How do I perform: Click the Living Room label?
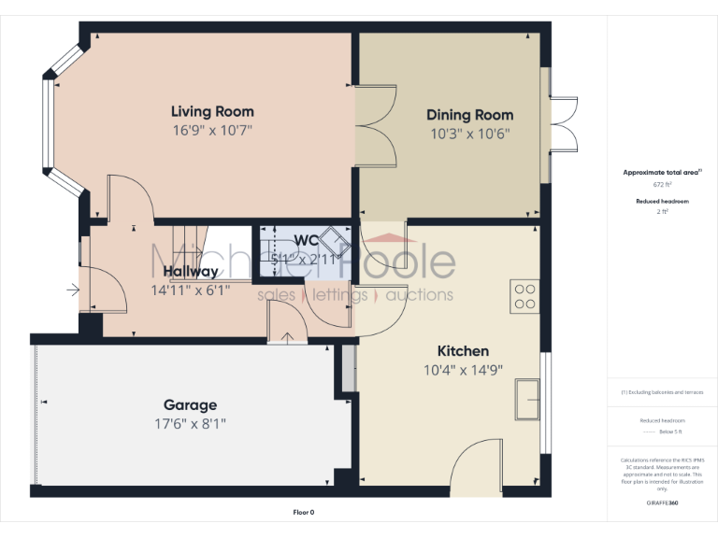[x=212, y=112]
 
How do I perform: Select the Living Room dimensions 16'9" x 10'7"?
[x=212, y=131]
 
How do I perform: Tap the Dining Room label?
[x=469, y=115]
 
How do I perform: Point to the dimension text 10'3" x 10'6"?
[x=469, y=134]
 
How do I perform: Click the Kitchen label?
[x=463, y=351]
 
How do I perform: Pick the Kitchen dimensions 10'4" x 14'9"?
[x=463, y=370]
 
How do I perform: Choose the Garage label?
[x=190, y=405]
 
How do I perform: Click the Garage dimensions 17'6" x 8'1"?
[x=190, y=424]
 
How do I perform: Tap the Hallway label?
[x=190, y=272]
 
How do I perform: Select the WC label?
[x=307, y=241]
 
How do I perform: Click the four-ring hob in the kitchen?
[x=524, y=295]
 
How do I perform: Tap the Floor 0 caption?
[x=304, y=513]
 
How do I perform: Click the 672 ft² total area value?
[x=662, y=185]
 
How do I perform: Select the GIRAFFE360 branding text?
[x=662, y=503]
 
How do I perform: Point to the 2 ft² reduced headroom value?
[x=662, y=212]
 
